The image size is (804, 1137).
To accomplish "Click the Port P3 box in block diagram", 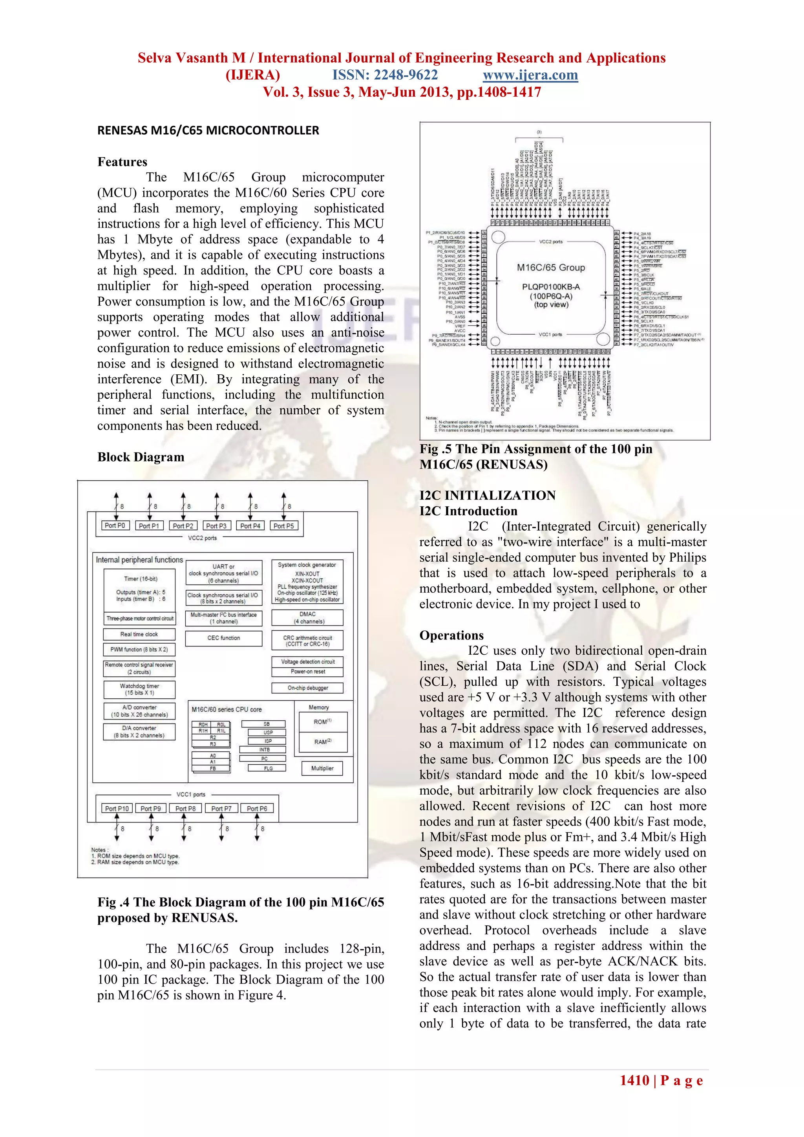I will [x=216, y=525].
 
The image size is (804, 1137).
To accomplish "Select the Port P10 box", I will [x=117, y=808].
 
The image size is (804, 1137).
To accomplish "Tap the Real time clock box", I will [x=139, y=634].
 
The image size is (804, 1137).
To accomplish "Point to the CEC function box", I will [x=224, y=638].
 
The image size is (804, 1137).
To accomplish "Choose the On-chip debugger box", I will [x=307, y=688].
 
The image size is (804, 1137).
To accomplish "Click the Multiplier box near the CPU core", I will [x=322, y=768].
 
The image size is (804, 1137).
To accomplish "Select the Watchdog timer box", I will [x=139, y=689].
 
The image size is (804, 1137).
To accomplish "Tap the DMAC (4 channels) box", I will [x=307, y=617].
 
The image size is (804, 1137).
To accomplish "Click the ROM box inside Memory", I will [x=323, y=721].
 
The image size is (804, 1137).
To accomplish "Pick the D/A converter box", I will [x=139, y=731].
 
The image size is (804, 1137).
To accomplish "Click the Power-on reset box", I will [x=307, y=672].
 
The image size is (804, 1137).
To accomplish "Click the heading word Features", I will [x=122, y=162].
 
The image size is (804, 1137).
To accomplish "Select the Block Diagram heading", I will [x=141, y=457].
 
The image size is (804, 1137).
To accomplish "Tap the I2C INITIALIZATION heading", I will [x=488, y=495].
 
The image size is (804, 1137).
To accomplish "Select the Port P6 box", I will [x=257, y=808].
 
